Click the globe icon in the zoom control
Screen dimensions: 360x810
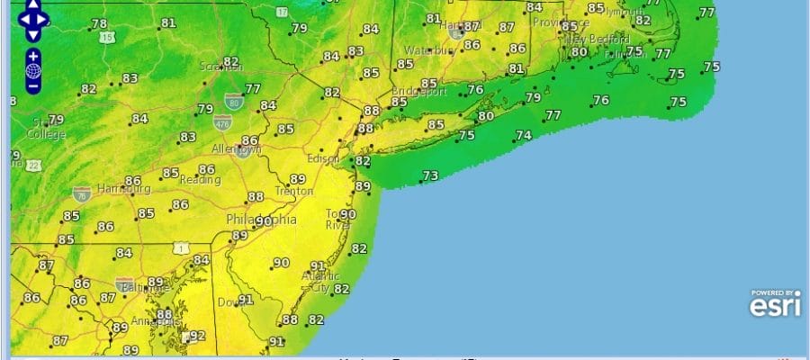pos(32,69)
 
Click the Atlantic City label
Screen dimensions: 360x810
pos(316,282)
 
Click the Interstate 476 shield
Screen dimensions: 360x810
pos(222,121)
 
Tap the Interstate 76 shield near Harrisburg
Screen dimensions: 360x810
pos(82,193)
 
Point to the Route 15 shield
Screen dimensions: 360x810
pos(108,37)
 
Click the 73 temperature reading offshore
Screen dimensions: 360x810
pos(430,175)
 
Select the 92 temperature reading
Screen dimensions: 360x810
pos(199,336)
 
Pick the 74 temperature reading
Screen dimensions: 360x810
pos(523,135)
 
